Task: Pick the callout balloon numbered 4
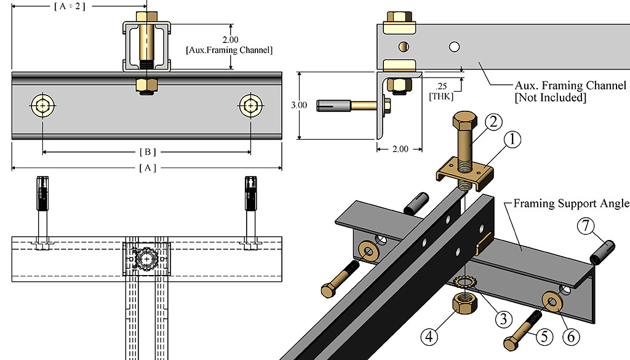tap(431, 337)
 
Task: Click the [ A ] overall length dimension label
tap(147, 168)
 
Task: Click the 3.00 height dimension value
tap(299, 105)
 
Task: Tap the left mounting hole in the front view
tap(42, 106)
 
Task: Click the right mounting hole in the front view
tap(250, 106)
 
